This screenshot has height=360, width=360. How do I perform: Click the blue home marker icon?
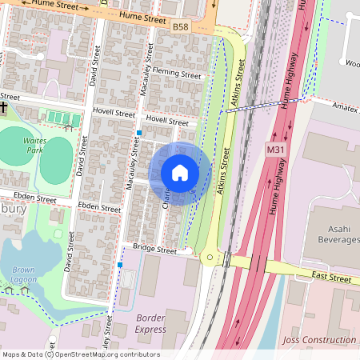pyautogui.click(x=180, y=173)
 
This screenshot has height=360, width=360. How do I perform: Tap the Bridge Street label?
pyautogui.click(x=154, y=250)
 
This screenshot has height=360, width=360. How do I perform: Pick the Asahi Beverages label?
pyautogui.click(x=334, y=233)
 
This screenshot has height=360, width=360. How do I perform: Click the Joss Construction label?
pyautogui.click(x=319, y=341)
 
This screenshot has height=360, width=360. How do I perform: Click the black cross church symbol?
pyautogui.click(x=4, y=106)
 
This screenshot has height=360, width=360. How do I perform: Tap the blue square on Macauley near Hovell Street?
pyautogui.click(x=139, y=133)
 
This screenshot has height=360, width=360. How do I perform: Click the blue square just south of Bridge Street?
pyautogui.click(x=120, y=264)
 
